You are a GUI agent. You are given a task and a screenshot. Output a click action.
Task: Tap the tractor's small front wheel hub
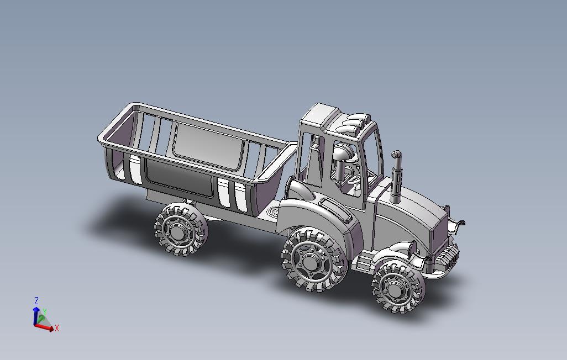pyautogui.click(x=395, y=288)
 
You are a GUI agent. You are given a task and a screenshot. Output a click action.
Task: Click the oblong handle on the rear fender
pyautogui.click(x=335, y=209)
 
